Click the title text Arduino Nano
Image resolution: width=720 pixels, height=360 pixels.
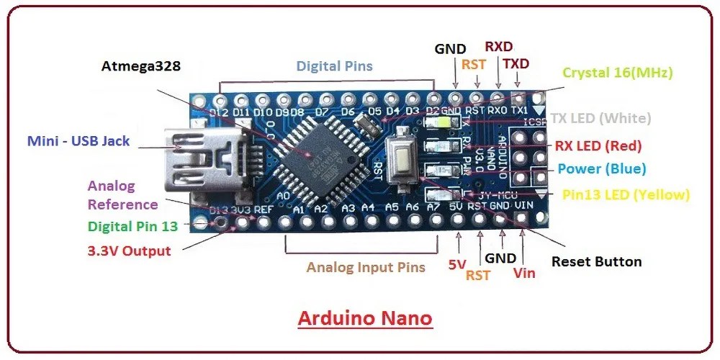[364, 318]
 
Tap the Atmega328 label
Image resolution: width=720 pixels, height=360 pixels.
[141, 66]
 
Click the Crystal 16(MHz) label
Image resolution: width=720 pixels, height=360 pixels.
[618, 72]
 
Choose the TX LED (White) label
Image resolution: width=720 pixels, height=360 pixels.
[600, 118]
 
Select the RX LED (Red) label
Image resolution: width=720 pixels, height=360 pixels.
[598, 146]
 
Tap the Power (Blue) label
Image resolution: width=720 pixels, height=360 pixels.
[602, 169]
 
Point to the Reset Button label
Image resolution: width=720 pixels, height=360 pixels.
[596, 261]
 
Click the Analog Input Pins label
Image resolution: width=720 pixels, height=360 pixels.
[366, 267]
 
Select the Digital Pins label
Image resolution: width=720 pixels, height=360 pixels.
[334, 66]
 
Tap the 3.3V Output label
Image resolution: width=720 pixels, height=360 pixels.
[129, 251]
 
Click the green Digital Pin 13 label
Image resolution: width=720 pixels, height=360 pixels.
[132, 226]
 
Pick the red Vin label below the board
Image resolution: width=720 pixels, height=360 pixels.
[524, 274]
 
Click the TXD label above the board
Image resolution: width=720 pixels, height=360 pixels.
[516, 64]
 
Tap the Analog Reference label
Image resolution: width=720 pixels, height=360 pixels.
[122, 195]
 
